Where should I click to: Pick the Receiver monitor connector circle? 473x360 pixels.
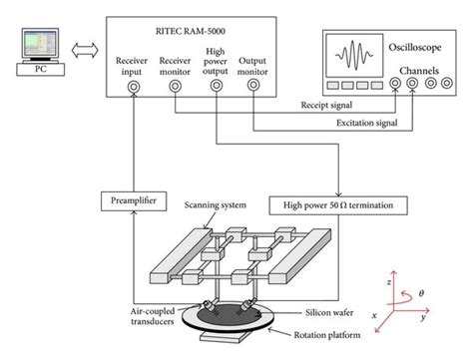176,87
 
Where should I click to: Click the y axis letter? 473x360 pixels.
450,319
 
